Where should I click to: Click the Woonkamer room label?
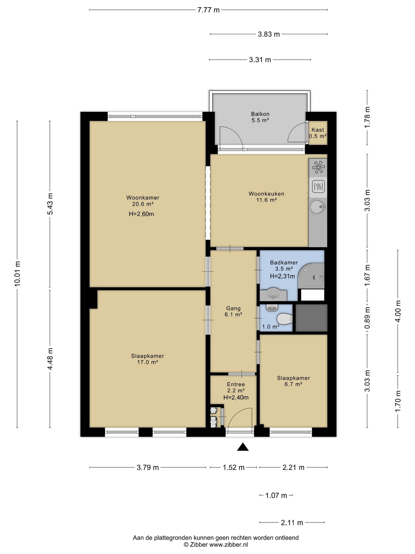143,198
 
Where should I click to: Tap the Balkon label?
260,114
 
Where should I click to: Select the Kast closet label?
318,130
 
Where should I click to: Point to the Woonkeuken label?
266,194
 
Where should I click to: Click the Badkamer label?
284,263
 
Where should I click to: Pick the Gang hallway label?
233,308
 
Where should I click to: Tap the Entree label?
236,384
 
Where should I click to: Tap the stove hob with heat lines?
318,186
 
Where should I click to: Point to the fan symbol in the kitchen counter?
318,167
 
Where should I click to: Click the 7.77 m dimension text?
208,10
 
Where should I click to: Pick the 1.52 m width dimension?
233,467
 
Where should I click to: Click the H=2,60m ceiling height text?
141,214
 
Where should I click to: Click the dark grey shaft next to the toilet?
312,318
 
